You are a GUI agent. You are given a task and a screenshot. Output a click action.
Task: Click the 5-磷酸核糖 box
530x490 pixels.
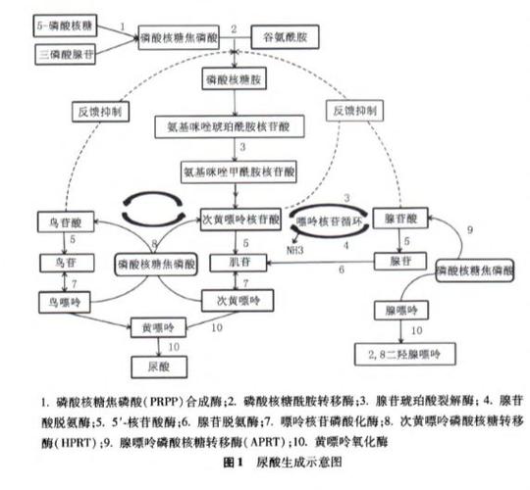(66, 20)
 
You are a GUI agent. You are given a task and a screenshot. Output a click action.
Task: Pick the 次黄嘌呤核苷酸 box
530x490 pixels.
(239, 218)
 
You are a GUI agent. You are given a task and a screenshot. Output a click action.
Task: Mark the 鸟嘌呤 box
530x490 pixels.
(61, 299)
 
